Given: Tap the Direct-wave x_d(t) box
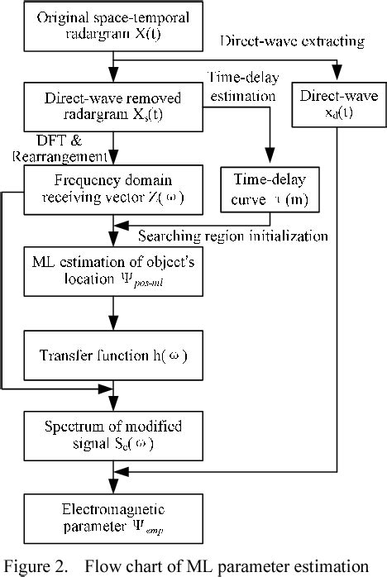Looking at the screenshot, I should pyautogui.click(x=336, y=105).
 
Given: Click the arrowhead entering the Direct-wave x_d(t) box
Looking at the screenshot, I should pyautogui.click(x=336, y=79).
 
